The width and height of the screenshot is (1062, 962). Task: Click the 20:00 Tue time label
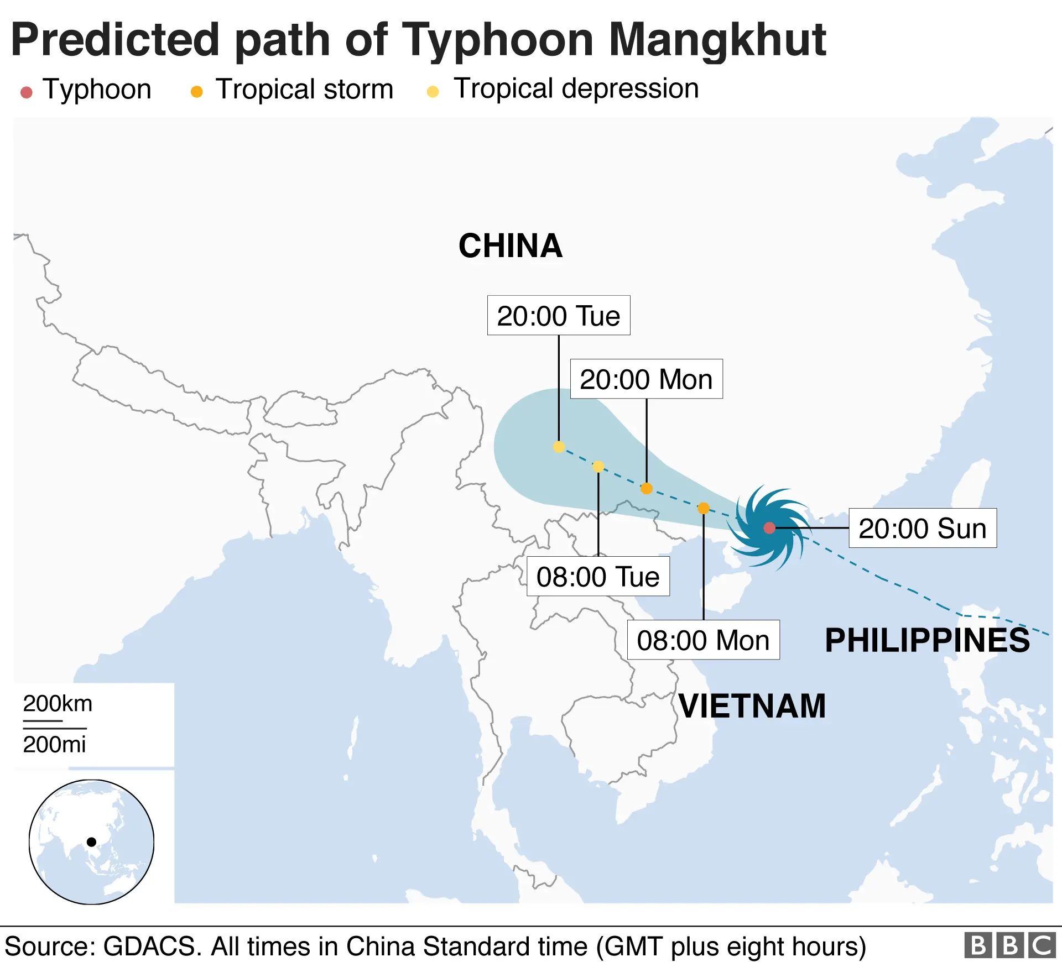point(558,316)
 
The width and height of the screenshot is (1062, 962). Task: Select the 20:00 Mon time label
point(646,379)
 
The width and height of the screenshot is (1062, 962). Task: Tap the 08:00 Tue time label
point(598,577)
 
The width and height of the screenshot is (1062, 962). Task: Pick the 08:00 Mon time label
point(703,640)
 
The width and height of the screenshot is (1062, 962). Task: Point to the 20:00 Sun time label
point(922,528)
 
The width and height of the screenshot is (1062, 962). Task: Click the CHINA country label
point(510,246)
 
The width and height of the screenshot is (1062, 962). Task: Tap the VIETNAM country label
point(752,706)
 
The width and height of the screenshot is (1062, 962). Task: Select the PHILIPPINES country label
point(927,640)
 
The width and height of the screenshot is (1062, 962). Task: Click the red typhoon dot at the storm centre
point(769,528)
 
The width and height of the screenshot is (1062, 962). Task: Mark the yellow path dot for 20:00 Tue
point(559,447)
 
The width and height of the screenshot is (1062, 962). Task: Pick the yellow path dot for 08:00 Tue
point(598,467)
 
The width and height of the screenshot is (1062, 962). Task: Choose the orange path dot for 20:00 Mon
point(646,488)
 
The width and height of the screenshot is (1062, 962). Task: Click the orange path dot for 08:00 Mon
point(703,508)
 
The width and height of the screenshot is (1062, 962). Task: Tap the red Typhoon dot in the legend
point(26,92)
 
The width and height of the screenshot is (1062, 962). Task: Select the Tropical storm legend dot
point(196,92)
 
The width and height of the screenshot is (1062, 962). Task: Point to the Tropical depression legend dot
point(433,92)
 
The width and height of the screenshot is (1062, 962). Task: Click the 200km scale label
point(58,704)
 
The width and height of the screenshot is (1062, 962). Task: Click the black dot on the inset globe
point(91,842)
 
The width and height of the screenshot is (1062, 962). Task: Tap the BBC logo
point(1009,945)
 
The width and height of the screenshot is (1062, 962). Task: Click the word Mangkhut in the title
point(717,40)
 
